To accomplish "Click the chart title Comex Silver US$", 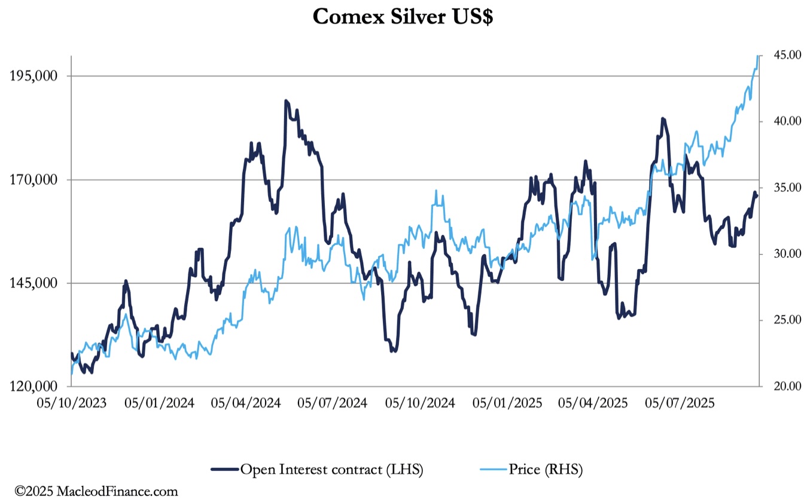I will click(x=403, y=17).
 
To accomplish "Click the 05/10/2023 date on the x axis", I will click(x=71, y=403).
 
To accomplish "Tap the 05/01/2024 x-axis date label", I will click(x=159, y=403).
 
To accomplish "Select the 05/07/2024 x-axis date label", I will click(x=333, y=403).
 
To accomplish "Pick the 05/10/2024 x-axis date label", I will click(x=420, y=403).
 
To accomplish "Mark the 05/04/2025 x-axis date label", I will click(x=593, y=403).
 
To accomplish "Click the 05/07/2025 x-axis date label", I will click(x=680, y=403).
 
